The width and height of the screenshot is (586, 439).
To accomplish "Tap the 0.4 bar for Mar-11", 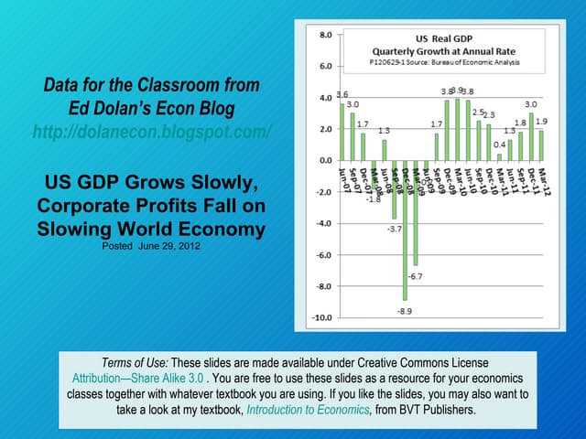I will click(499, 156).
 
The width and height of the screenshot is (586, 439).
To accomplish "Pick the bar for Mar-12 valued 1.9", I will click(541, 145).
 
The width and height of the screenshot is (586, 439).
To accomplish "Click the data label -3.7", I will click(395, 230).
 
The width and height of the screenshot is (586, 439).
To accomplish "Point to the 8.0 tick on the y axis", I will click(326, 35).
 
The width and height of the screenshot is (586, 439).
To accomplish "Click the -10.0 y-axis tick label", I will click(323, 317).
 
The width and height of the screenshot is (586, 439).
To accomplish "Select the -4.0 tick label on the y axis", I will click(325, 223).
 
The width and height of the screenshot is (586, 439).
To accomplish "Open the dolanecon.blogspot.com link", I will click(151, 132).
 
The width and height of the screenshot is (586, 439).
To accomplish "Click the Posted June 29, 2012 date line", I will click(152, 246).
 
